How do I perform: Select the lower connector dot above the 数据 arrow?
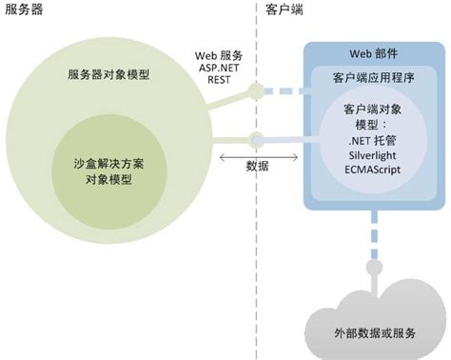coord(255,139)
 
